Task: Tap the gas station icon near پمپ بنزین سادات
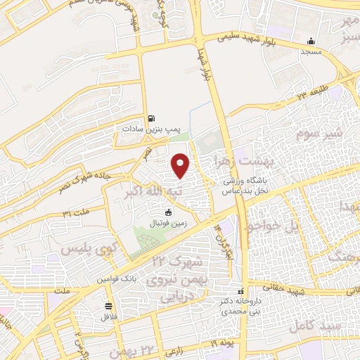[150, 119]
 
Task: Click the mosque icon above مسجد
[311, 41]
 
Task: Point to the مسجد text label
[311, 52]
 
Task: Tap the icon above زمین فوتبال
[168, 212]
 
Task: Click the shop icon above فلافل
[108, 306]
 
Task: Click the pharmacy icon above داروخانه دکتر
[240, 291]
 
